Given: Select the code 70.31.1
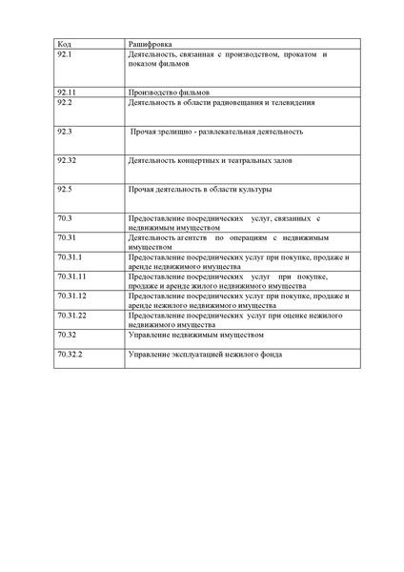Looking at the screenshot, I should [70, 256].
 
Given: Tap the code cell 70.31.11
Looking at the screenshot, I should [71, 276].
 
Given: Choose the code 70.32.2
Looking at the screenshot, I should [70, 354].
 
